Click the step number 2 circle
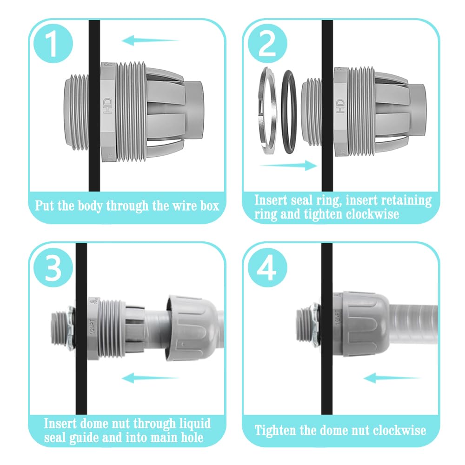267,43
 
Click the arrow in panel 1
150,41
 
